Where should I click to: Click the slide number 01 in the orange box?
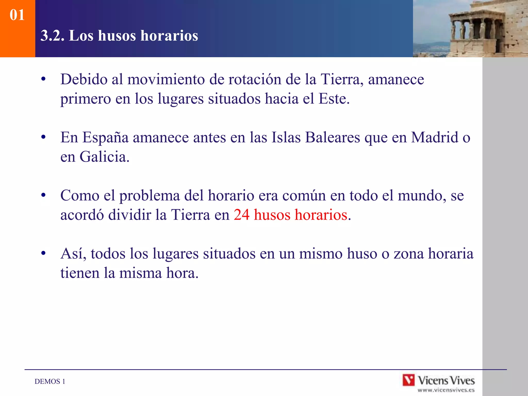coord(17,15)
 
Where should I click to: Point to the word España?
coord(105,137)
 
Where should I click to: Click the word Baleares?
coord(333,137)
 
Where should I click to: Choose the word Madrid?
coord(434,137)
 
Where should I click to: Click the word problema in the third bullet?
coord(150,195)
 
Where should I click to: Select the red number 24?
coord(242,215)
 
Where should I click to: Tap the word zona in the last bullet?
coord(409,253)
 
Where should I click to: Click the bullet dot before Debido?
coord(43,79)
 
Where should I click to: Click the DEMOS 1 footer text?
coord(50,381)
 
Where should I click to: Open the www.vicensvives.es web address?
coord(446,390)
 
